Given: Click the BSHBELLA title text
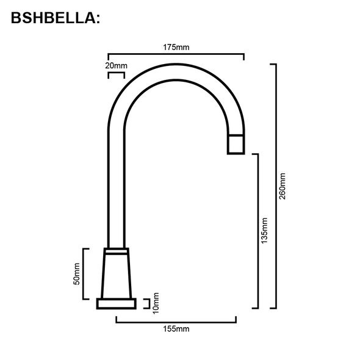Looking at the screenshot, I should coord(55,19).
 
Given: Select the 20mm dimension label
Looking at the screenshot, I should coord(116,65).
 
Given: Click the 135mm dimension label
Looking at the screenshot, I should coord(264,231).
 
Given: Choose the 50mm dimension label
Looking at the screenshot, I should coord(76,274).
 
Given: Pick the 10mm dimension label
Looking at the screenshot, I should coord(156,303).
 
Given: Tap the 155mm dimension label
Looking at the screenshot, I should coord(176,329).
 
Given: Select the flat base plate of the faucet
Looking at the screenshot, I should coord(116,304).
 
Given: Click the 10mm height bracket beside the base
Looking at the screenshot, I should coord(148,303).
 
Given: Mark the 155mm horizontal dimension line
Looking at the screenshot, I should coord(176,320).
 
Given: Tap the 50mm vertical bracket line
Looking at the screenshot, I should coord(84,274).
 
